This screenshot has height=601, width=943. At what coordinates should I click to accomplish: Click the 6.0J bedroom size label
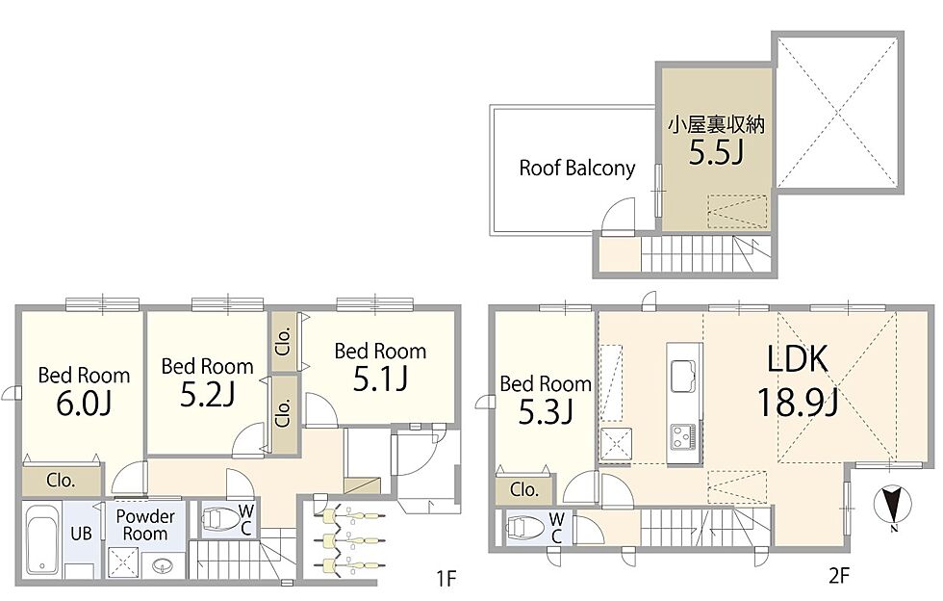84,405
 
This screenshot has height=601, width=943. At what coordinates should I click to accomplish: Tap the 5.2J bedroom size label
208,395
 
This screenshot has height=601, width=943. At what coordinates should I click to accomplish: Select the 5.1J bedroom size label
381,379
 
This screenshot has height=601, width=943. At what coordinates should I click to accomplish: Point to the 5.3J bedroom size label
546,412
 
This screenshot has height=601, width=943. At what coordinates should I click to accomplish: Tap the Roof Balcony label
577,168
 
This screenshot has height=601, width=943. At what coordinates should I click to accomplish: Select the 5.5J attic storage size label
716,153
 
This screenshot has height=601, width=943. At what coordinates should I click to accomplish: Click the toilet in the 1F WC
220,519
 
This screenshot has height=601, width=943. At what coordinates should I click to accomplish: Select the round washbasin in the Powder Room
162,566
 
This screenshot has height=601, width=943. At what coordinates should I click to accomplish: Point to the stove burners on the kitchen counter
684,435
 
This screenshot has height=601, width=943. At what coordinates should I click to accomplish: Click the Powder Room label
145,525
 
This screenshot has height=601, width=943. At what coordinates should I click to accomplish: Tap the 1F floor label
446,579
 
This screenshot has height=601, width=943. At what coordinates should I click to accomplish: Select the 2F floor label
839,576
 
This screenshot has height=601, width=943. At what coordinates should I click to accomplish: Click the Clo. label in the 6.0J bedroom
61,481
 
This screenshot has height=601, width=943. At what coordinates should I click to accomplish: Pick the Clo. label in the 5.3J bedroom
524,489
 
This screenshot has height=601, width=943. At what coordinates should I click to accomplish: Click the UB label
81,534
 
